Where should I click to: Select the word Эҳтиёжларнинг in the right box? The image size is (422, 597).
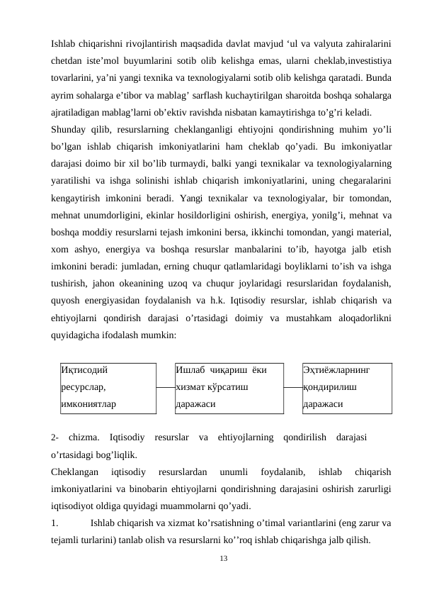click(336, 369)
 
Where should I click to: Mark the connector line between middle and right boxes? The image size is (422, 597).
click(292, 388)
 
